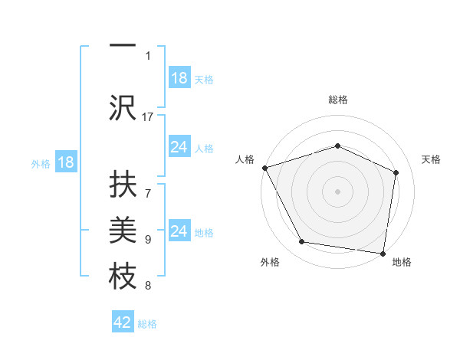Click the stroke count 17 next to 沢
point(148,116)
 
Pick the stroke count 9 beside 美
point(148,239)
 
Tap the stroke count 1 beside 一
point(148,55)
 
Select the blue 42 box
point(123,322)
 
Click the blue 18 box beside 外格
point(65,163)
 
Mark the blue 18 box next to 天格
point(179,78)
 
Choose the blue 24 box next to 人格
point(179,147)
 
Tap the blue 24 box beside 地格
point(179,231)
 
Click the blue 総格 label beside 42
point(147,324)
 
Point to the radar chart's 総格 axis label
point(337,100)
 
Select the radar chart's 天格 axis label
point(431,159)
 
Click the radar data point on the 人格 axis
point(264,168)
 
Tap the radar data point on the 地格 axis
point(383,253)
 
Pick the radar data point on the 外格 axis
point(302,242)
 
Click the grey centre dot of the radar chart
point(337,191)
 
